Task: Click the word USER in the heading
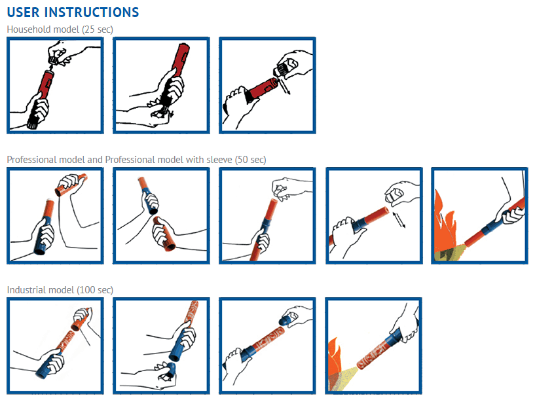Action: [24, 12]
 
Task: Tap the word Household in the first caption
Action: [28, 29]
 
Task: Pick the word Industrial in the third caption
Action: [26, 289]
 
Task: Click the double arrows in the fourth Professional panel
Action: [399, 218]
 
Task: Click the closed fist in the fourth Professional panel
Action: [399, 194]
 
